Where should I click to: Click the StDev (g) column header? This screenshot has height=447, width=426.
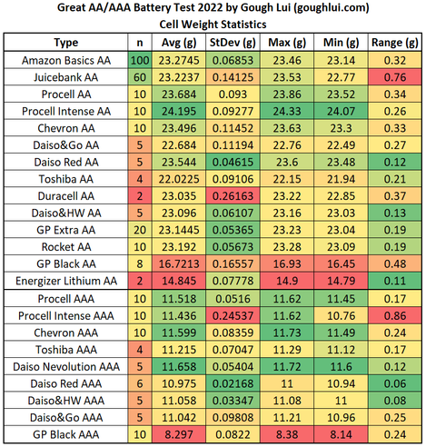tap(233, 43)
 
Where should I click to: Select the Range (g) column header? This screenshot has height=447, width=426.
tap(395, 43)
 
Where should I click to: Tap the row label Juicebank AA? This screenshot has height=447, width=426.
tap(66, 77)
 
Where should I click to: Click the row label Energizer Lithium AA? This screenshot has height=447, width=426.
tap(66, 281)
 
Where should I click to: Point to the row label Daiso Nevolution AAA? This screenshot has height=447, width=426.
tap(66, 367)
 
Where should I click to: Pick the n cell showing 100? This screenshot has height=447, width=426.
tap(140, 60)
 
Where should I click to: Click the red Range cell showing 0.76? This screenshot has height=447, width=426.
tap(395, 77)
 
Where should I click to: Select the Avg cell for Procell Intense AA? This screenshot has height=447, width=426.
tap(179, 111)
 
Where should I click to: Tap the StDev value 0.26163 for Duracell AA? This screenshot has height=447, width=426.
tap(233, 196)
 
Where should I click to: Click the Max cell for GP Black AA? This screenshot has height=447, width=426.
tap(287, 263)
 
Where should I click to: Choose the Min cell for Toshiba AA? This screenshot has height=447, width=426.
tap(341, 179)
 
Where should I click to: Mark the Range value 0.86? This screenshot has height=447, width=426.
tap(395, 316)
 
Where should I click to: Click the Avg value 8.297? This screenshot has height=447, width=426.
tap(179, 434)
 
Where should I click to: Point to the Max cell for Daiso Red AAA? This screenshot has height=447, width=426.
tap(287, 383)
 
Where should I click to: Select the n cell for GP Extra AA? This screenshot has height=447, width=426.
tap(140, 230)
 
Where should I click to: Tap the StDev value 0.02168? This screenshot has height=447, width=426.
tap(233, 383)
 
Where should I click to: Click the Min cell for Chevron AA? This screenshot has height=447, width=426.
tap(341, 128)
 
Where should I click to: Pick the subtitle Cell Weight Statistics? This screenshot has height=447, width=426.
tap(213, 25)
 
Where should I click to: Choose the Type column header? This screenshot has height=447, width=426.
tap(66, 43)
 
